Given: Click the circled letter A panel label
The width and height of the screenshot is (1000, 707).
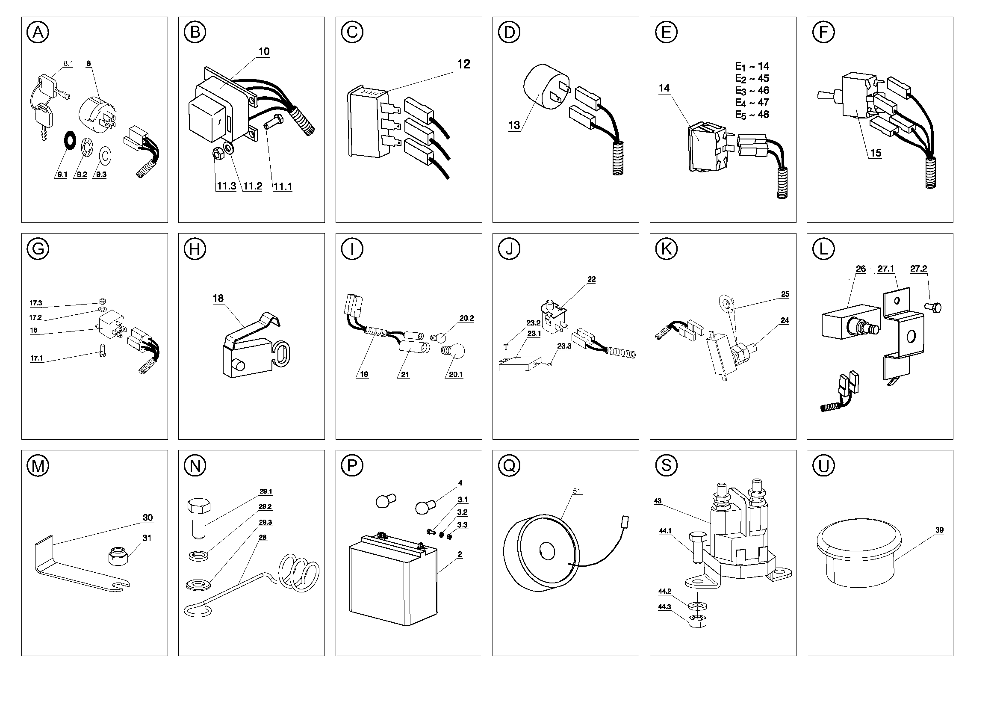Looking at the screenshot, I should [x=38, y=32].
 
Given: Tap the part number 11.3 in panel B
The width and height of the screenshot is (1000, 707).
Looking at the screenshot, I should [x=226, y=186].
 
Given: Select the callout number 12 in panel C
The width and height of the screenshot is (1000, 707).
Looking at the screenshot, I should [x=463, y=64].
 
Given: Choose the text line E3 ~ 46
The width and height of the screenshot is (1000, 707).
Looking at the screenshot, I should [x=752, y=91].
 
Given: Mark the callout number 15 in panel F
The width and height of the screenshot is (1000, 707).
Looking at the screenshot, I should [x=876, y=153].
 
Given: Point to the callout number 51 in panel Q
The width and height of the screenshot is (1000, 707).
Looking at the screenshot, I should [x=577, y=491].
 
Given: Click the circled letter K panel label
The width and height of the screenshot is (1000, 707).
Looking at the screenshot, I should [x=666, y=249].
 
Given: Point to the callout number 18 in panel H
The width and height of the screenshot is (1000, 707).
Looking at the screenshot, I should [x=218, y=299].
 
